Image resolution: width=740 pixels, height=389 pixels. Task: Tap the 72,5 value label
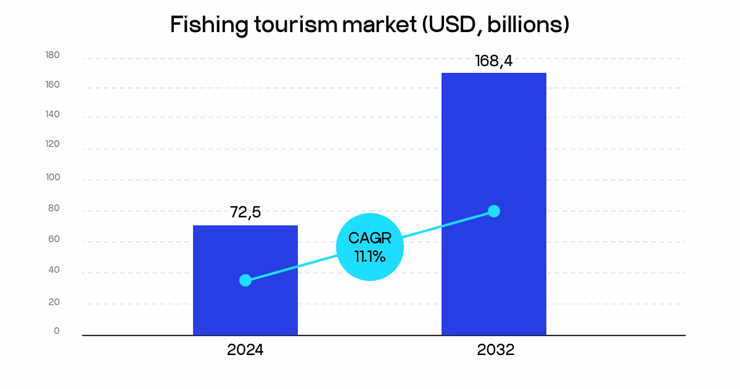click(245, 212)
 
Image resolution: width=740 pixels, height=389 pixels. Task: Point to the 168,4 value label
click(493, 61)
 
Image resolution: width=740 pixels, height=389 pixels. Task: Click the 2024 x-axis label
click(245, 350)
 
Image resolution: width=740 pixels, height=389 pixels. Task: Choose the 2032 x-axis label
click(495, 350)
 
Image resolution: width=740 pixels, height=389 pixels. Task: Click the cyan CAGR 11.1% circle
click(370, 247)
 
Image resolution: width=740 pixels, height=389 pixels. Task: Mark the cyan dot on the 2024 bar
click(245, 280)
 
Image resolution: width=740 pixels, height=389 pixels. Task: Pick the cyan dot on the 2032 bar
click(493, 211)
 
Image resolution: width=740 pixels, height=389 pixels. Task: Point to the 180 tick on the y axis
click(52, 56)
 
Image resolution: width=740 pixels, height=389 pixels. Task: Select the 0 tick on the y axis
click(57, 331)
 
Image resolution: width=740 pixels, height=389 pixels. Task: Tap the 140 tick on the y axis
click(52, 114)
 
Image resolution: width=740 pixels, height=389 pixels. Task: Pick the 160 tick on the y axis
click(52, 85)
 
